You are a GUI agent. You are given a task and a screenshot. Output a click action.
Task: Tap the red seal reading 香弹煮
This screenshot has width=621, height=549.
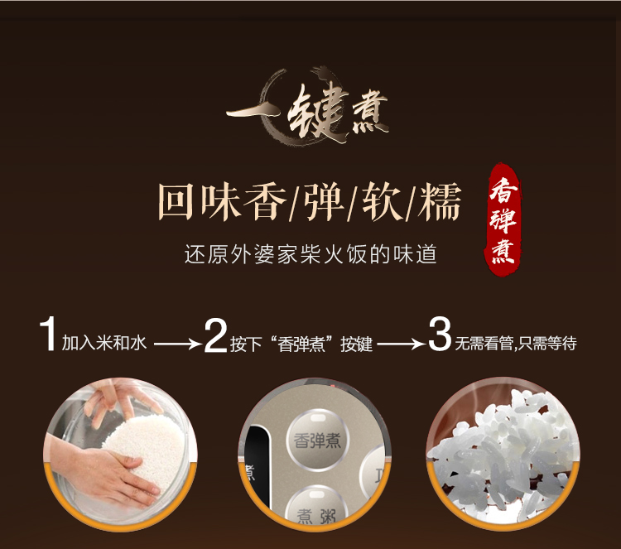point(503,219)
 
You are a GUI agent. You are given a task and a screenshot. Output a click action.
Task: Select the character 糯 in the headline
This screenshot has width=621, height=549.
point(440,201)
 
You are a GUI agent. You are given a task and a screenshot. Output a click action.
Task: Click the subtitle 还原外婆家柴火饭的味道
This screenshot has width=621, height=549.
point(310,254)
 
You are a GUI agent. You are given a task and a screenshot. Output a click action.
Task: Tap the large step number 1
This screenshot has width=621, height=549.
point(47,334)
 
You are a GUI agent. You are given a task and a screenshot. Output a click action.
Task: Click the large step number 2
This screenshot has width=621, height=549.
point(215,336)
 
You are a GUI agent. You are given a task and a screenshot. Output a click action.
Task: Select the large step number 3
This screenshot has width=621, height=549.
point(440,334)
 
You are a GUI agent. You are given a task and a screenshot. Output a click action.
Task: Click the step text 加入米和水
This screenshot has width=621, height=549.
point(104,343)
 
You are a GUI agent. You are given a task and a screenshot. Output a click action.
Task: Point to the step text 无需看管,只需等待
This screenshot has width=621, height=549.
point(516,343)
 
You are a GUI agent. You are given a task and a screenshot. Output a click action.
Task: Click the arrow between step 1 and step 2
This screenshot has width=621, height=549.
point(177,344)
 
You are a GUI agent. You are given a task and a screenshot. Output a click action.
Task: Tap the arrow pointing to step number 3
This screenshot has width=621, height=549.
point(401,344)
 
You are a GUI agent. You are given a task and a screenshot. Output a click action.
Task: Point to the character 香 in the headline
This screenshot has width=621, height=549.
point(265,201)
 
